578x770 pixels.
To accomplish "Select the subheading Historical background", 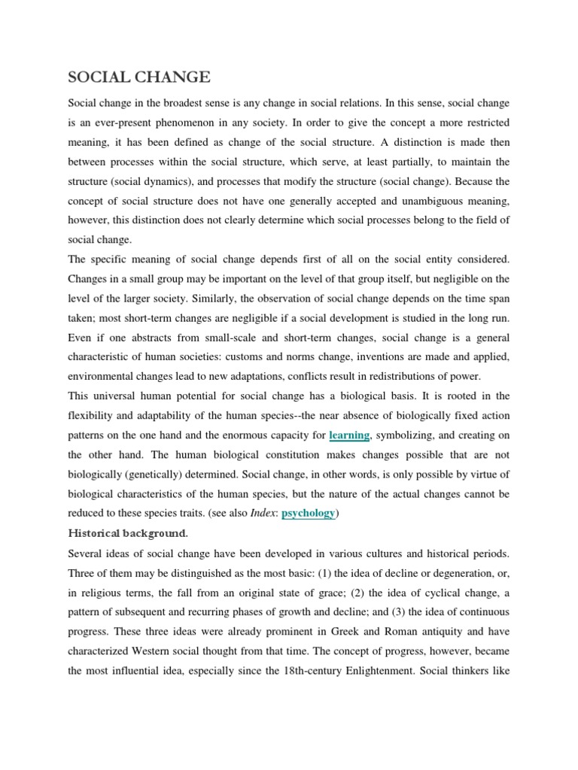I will click(129, 533).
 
